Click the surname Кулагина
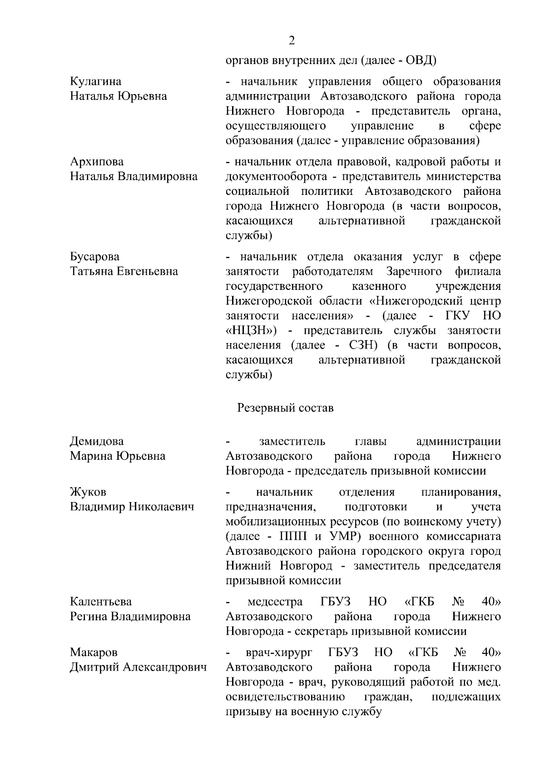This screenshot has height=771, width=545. coord(95,82)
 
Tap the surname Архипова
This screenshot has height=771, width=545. coord(96,162)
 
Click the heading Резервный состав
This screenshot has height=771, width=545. coord(285,408)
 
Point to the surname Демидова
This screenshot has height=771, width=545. coord(96,442)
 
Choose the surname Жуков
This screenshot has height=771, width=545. coord(88,492)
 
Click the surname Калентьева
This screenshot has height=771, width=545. coord(100,602)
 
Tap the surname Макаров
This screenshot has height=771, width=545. coord(94,653)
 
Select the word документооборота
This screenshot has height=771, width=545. coord(276,177)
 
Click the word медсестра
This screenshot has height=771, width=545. coord(275,602)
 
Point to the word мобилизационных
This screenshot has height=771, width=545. coord(277,522)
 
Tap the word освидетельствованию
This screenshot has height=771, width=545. coord(285,697)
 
